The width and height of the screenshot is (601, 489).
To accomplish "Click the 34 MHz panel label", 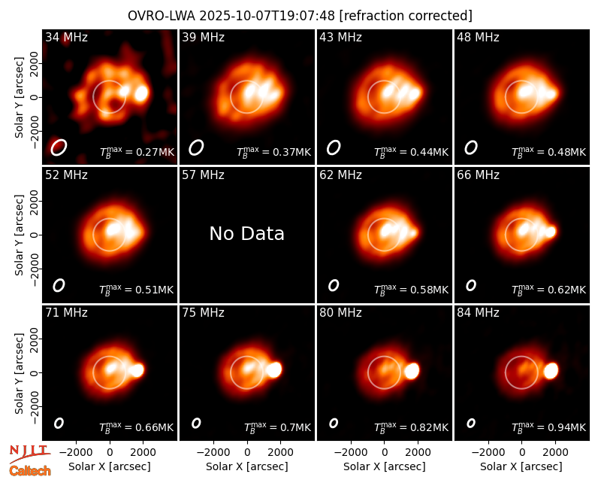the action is [x=66, y=37].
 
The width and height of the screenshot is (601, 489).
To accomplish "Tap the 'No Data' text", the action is [x=247, y=233].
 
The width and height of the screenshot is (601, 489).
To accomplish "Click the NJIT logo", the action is [x=29, y=454].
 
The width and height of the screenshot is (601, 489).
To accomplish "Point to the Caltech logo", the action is [x=30, y=471].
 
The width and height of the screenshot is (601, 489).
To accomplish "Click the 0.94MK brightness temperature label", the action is [x=549, y=427].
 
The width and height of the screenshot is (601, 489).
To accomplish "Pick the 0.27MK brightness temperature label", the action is [x=137, y=151].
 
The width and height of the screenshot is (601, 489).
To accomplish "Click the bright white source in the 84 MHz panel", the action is [x=551, y=371].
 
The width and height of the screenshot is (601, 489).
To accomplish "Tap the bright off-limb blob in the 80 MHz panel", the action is [x=412, y=371].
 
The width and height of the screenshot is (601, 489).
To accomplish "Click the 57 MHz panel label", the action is [x=203, y=175].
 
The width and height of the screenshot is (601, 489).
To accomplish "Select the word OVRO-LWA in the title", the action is [x=162, y=16].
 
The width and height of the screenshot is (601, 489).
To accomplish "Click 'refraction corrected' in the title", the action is [x=406, y=16].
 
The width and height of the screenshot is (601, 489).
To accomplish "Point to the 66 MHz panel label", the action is [x=478, y=175].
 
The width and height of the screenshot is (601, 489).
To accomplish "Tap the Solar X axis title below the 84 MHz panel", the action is [x=521, y=466].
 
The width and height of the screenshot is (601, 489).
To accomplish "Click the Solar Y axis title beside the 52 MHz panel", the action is [x=19, y=235].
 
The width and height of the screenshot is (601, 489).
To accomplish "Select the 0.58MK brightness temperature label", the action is [x=411, y=289].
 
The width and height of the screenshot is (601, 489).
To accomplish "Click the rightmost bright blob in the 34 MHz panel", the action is [x=141, y=93].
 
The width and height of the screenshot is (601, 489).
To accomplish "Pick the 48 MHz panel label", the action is [x=478, y=37].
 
